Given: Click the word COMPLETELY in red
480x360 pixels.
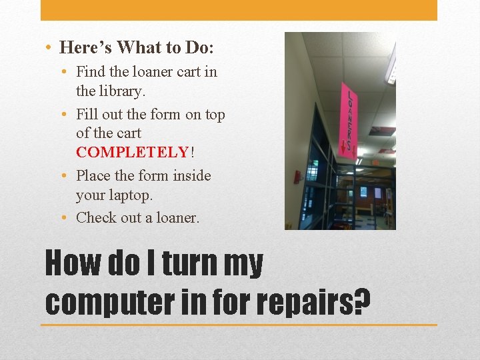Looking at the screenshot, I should click(133, 152).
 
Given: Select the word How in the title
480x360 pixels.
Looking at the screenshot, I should click(71, 264).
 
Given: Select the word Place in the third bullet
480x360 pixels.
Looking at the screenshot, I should click(93, 176).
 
